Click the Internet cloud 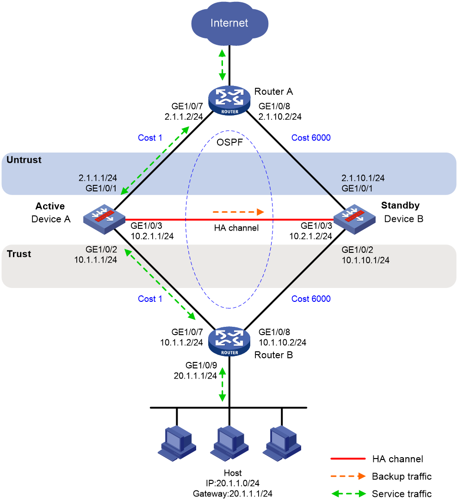point(229,23)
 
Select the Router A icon point(229,100)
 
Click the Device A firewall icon point(104,219)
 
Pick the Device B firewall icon point(354,219)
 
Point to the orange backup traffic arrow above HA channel point(238,212)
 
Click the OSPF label point(229,142)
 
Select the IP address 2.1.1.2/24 point(184,116)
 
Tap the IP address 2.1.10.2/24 point(280,116)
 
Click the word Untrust point(24,160)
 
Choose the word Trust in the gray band point(19,254)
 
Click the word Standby point(400,206)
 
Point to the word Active point(50,206)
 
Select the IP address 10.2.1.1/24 point(152,236)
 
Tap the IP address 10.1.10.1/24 point(365,260)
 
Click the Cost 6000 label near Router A point(311,138)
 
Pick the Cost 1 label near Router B point(150,299)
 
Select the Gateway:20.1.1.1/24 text point(233,494)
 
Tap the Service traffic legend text point(402,494)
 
